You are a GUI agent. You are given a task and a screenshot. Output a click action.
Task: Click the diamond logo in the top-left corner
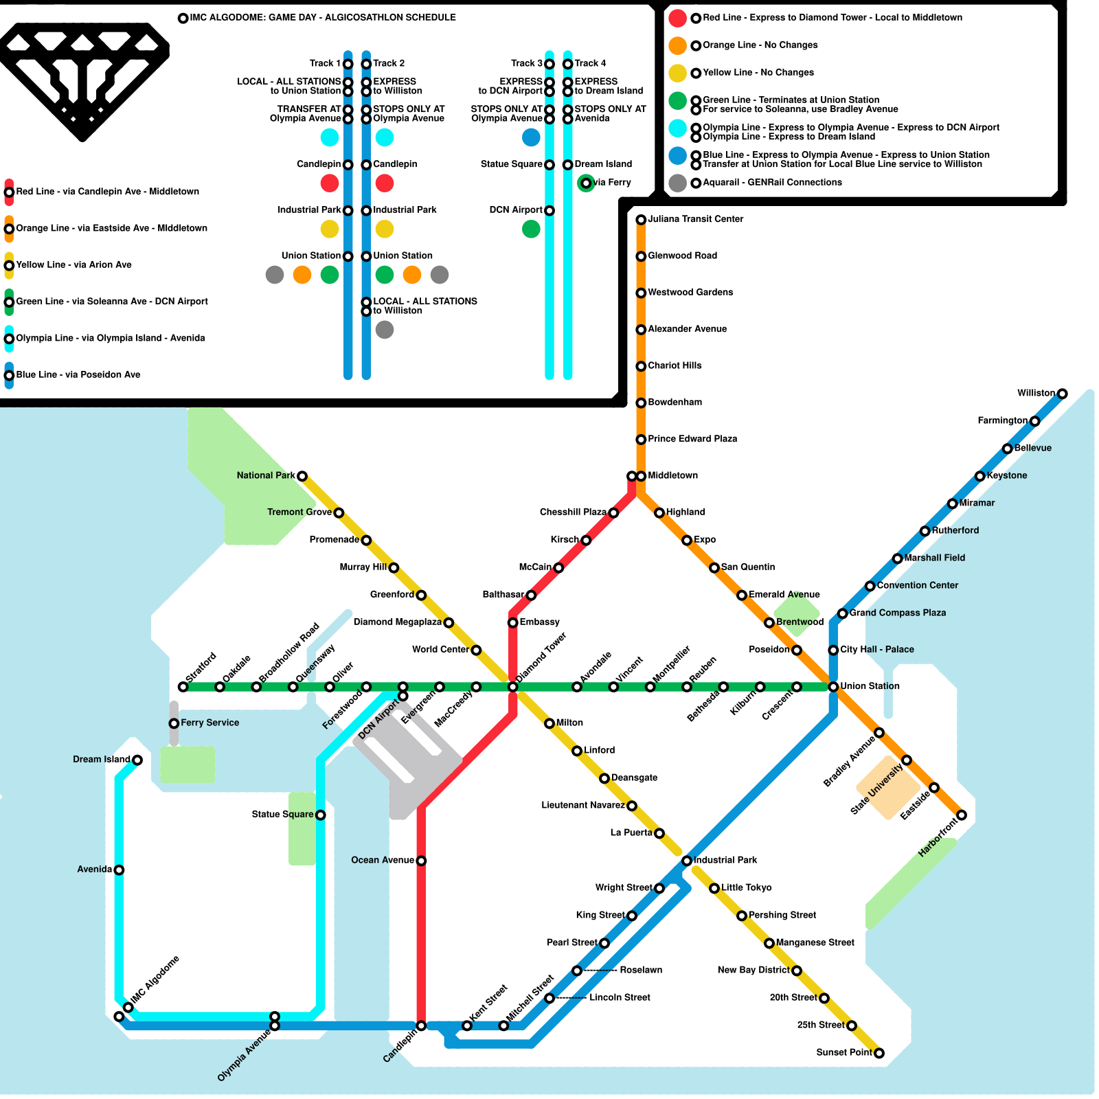(82, 79)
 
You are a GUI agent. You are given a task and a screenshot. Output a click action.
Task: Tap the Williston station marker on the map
(1062, 394)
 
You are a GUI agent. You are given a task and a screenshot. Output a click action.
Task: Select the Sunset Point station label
(843, 1052)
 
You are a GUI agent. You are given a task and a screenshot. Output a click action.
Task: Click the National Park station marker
(302, 476)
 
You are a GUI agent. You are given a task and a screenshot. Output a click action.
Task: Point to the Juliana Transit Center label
(695, 219)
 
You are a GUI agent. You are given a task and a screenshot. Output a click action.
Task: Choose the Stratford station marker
(183, 687)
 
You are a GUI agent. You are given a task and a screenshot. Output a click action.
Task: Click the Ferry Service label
(209, 723)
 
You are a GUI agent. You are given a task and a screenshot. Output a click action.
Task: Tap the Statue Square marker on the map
(320, 815)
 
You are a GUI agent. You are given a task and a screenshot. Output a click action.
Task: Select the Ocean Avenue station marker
(421, 861)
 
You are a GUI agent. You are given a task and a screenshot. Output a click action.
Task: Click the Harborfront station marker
(962, 815)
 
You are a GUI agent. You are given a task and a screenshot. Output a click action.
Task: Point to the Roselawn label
(640, 970)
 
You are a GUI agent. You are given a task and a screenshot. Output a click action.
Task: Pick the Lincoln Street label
(620, 997)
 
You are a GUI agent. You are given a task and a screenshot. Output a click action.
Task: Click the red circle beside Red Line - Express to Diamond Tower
(677, 18)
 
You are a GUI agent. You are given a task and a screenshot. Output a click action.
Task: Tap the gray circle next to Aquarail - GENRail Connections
(677, 183)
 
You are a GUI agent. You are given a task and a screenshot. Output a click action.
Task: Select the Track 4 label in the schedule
(590, 63)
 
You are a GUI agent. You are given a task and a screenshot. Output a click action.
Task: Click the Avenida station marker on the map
(119, 870)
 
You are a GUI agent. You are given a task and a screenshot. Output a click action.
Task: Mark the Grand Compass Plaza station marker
(842, 613)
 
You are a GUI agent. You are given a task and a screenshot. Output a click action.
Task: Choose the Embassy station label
(539, 622)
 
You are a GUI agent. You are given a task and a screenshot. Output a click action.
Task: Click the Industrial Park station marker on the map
(686, 861)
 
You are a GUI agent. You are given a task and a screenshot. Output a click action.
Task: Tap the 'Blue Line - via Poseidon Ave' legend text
(78, 374)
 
